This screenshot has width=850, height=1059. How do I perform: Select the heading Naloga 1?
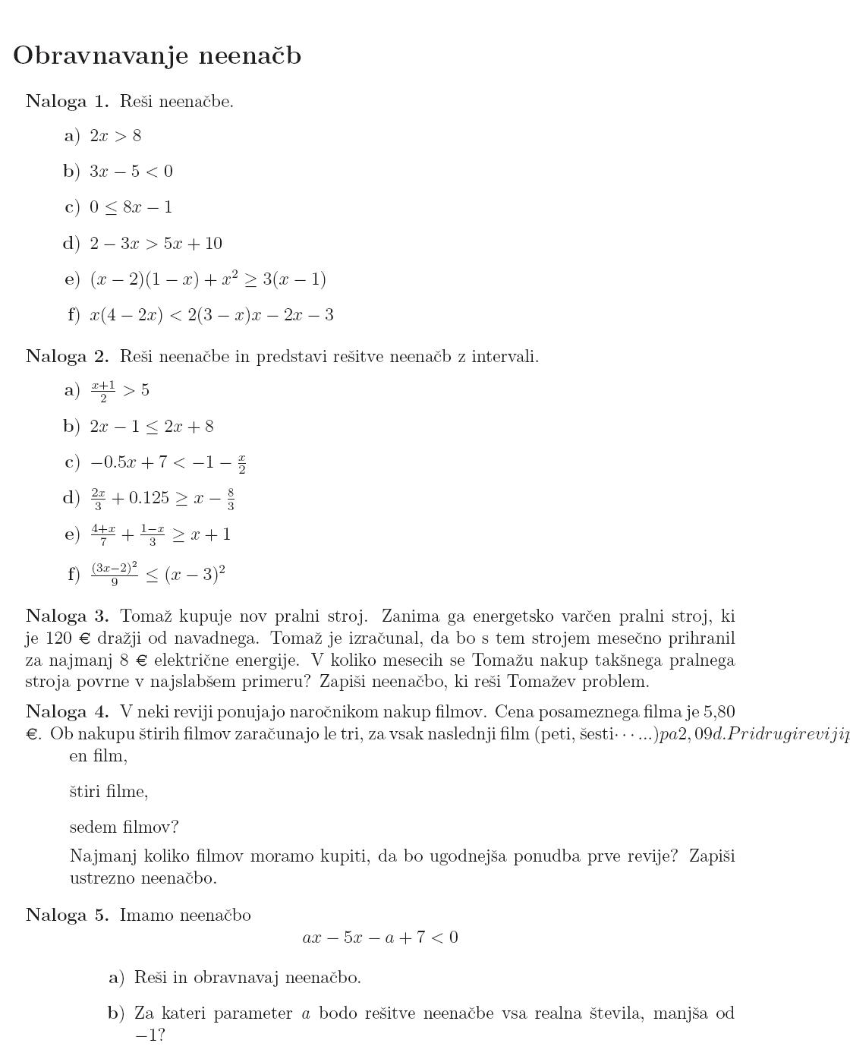tap(68, 101)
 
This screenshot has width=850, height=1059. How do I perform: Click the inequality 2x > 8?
tap(115, 136)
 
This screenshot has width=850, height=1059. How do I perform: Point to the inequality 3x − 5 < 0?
tap(131, 172)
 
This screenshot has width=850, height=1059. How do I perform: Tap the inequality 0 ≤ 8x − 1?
tap(131, 207)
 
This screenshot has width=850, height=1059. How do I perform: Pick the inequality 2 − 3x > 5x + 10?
tap(156, 244)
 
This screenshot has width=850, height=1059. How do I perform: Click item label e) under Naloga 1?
tap(72, 279)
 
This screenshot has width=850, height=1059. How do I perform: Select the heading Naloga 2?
tap(68, 356)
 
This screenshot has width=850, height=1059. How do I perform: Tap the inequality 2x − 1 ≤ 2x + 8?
tap(152, 427)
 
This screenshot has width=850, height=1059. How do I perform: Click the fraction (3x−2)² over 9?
tap(115, 574)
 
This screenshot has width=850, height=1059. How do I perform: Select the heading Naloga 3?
tap(68, 616)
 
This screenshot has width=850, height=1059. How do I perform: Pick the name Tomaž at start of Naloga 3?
tap(143, 616)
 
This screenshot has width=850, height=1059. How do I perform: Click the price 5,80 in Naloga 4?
tap(719, 711)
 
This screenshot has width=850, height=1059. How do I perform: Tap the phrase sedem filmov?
tap(124, 827)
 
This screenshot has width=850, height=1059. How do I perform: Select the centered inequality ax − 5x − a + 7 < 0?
tap(380, 938)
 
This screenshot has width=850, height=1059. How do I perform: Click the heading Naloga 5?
tap(68, 915)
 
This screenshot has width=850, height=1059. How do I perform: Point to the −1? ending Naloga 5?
tap(150, 1035)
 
